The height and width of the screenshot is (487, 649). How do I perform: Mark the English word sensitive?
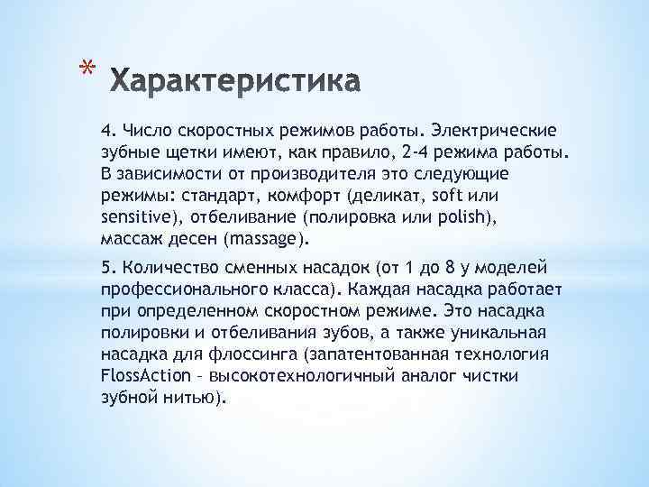(x=133, y=217)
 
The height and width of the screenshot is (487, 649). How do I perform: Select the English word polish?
(x=442, y=217)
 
